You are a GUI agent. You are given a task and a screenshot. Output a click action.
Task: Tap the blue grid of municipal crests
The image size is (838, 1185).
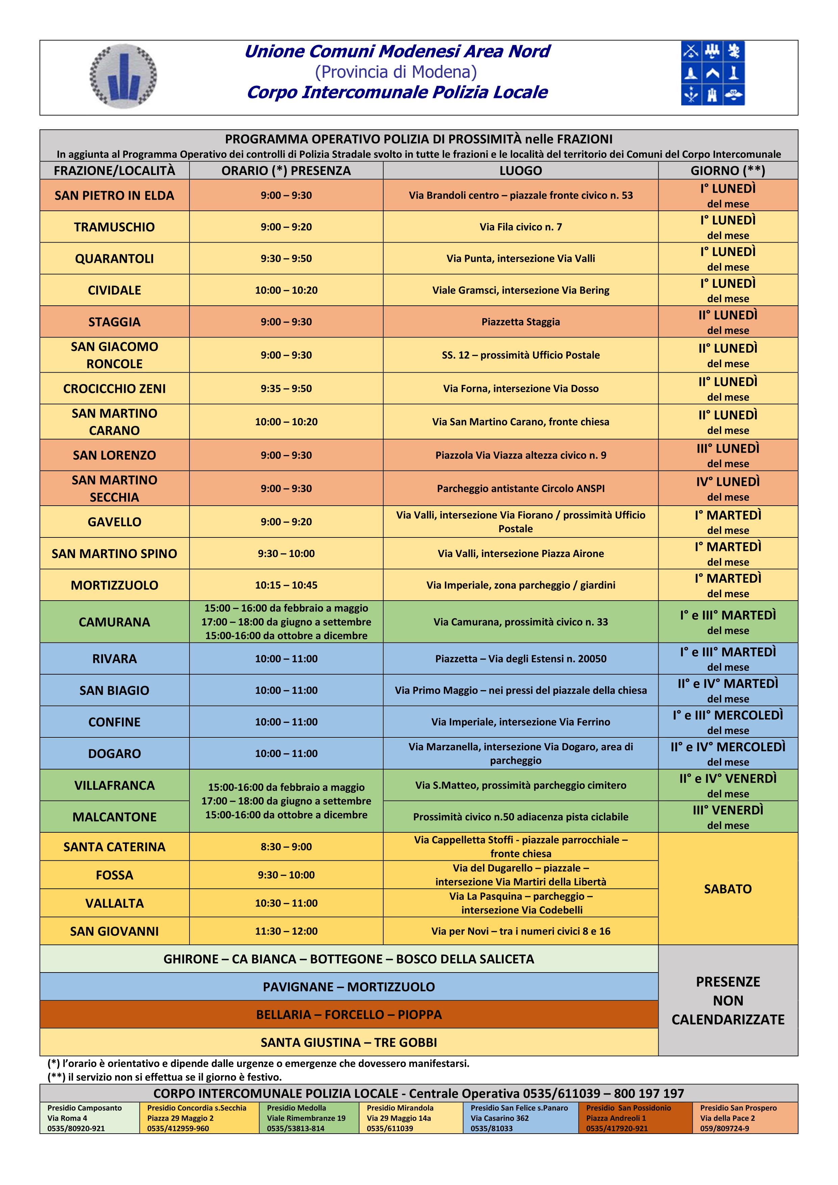point(713,73)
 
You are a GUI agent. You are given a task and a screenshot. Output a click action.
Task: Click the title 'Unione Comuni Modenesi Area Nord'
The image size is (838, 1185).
point(396,52)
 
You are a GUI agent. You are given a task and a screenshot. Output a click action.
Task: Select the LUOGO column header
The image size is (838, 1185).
point(520,171)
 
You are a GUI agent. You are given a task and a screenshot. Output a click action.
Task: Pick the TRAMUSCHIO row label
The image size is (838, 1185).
point(114,227)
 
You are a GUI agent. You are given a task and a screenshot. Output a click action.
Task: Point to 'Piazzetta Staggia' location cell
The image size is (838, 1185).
point(520,322)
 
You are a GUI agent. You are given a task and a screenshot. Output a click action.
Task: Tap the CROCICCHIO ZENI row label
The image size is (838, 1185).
point(114,388)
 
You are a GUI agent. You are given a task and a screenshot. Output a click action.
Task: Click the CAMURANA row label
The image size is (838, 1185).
point(114,622)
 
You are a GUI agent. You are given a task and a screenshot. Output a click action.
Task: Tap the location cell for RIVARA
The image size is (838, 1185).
point(520,659)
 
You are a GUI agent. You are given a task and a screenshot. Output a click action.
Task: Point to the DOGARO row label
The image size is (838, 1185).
point(114,754)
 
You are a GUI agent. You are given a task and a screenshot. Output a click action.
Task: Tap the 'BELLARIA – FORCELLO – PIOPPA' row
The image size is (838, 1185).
point(349,1015)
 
